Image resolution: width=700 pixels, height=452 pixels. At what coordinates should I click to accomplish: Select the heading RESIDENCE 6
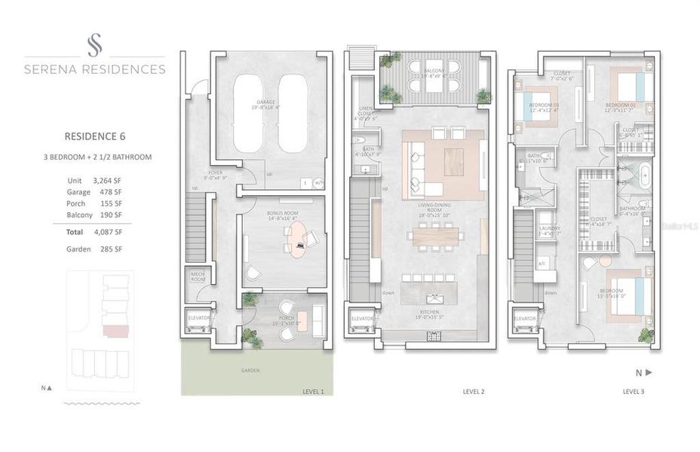click(x=94, y=136)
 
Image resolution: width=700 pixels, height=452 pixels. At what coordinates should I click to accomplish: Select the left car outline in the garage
click(x=247, y=112)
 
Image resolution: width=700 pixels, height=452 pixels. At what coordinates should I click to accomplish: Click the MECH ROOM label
click(x=198, y=276)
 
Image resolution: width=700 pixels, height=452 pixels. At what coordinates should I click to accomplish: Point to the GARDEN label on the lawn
click(x=250, y=371)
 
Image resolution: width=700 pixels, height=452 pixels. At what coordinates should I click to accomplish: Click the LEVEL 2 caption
click(x=473, y=392)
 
